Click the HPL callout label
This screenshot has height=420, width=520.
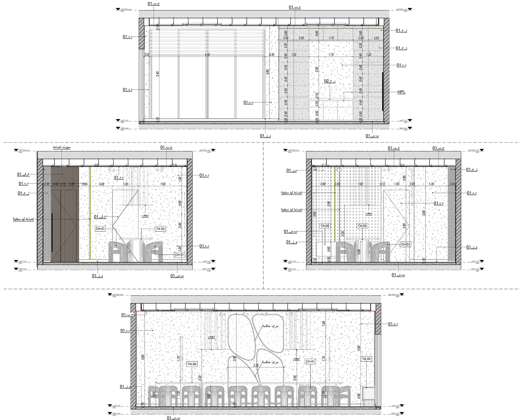pos(401,92)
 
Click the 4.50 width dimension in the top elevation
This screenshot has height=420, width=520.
pos(207,55)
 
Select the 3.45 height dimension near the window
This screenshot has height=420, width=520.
pos(158,74)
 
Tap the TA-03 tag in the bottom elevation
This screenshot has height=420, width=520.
pos(191,364)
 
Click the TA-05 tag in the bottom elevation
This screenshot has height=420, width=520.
pos(366,359)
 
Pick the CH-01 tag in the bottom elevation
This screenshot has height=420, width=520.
pos(310,362)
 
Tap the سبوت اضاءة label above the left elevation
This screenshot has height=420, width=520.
pos(61,147)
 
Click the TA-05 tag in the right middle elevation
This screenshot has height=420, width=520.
pos(325,226)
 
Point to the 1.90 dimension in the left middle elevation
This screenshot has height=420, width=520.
pos(163,184)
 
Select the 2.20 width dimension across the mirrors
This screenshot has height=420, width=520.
pos(256,365)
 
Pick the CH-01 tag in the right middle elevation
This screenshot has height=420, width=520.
pos(405,244)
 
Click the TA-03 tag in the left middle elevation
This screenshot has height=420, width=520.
pos(160,229)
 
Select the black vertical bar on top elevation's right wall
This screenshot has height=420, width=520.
pos(383,91)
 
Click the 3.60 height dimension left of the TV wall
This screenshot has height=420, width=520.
pos(268,72)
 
